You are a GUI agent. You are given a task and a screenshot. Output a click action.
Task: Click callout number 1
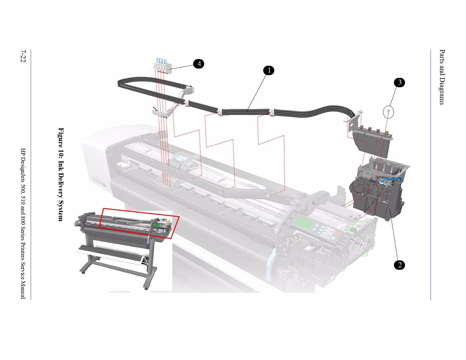[269, 70]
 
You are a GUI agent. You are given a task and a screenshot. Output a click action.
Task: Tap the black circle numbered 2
[399, 265]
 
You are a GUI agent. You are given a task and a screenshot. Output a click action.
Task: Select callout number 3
[399, 82]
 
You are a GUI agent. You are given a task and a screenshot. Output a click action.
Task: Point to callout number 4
[199, 64]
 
